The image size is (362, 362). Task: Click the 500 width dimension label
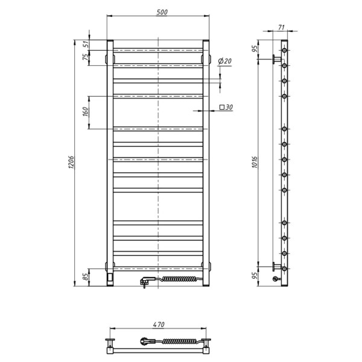[x=162, y=12]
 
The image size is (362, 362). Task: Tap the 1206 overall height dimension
[x=71, y=162]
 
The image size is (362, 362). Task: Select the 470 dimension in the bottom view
[x=159, y=325]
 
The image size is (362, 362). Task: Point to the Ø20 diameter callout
[x=224, y=61]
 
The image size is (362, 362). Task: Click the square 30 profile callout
[x=226, y=107]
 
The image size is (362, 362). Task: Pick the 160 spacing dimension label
[x=85, y=112]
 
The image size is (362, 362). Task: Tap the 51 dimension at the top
[x=86, y=44]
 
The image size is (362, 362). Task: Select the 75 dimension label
[x=85, y=57]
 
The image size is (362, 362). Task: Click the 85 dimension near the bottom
[x=86, y=276]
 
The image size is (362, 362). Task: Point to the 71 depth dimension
[x=281, y=28]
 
